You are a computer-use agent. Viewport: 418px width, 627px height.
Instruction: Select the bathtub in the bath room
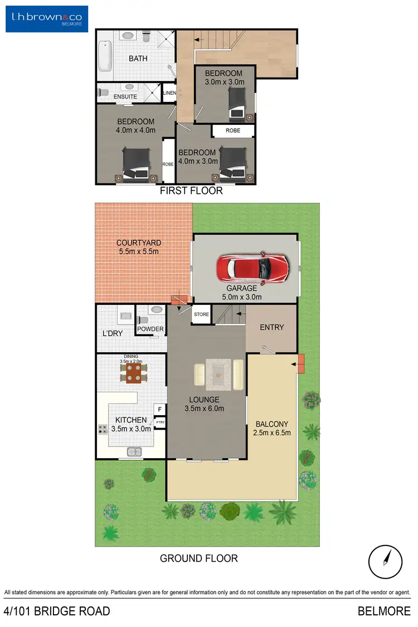(x=105, y=56)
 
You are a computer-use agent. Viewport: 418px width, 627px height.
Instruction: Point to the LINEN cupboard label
(x=169, y=93)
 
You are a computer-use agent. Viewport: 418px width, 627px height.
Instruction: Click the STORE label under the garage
(x=201, y=314)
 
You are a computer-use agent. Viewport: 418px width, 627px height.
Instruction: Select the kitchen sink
(x=134, y=452)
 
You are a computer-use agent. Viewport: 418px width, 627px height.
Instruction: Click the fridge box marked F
(x=160, y=410)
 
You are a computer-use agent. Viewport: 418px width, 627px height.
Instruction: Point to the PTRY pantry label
(x=160, y=422)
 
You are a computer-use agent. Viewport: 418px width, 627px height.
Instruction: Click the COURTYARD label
(x=139, y=243)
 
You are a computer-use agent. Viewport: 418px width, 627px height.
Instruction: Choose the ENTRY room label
(x=272, y=327)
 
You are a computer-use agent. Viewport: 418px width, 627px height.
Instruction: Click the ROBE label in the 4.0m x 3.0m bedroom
(x=233, y=130)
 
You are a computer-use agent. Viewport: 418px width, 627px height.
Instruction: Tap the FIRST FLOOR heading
(x=191, y=191)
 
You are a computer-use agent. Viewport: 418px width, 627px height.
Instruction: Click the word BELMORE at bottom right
(x=384, y=611)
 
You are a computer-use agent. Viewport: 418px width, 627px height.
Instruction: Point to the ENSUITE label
(x=125, y=97)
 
